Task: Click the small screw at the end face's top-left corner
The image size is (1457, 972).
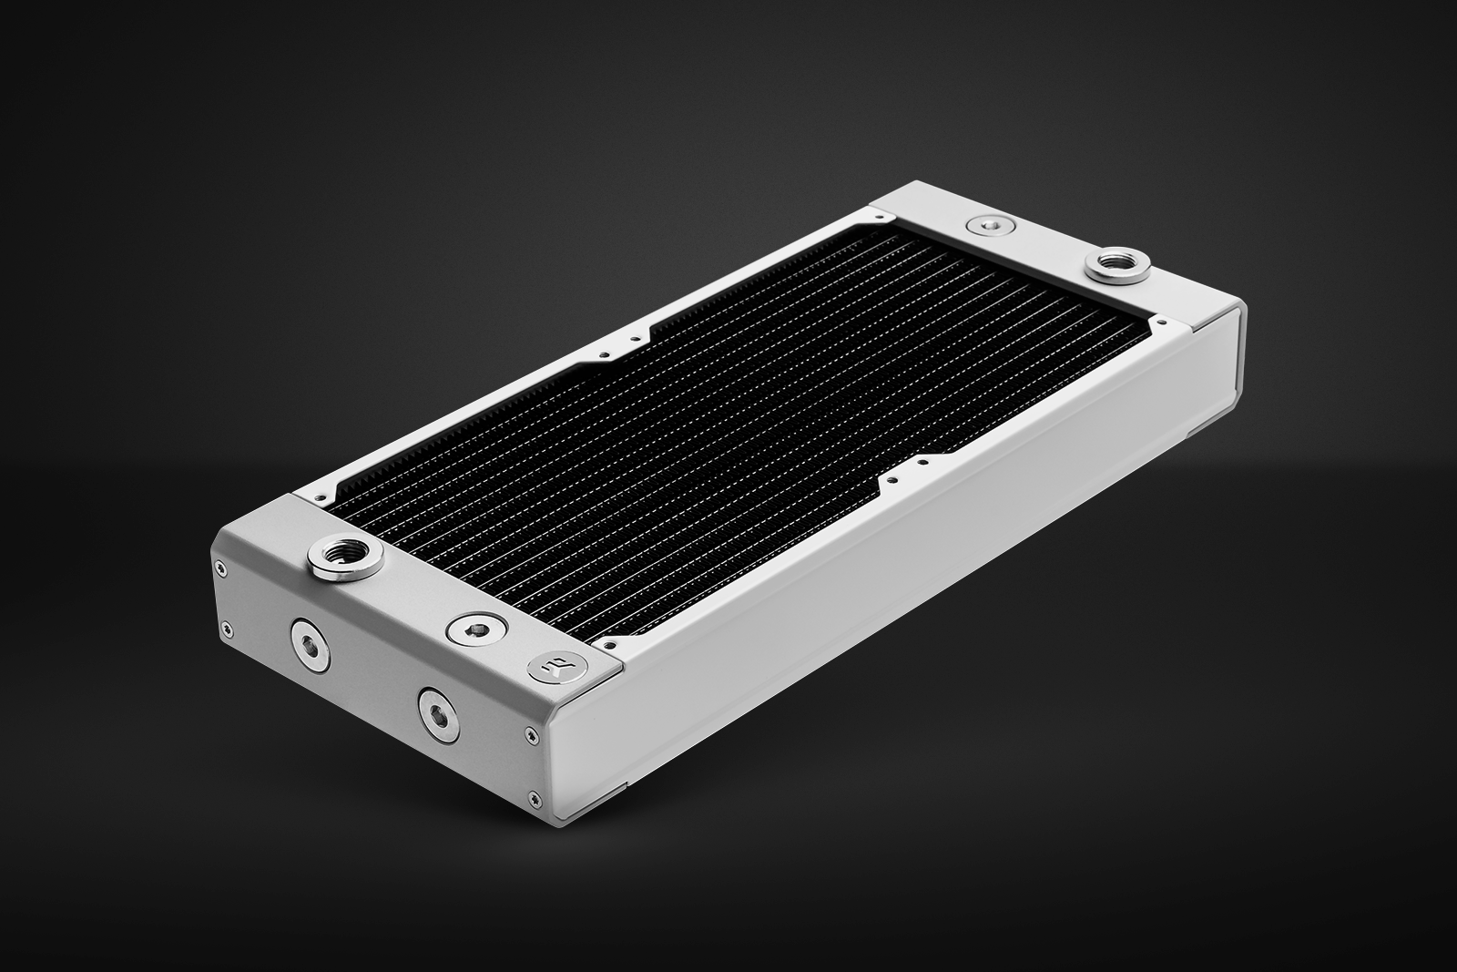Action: click(x=219, y=567)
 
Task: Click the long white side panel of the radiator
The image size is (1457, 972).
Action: click(x=911, y=592)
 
